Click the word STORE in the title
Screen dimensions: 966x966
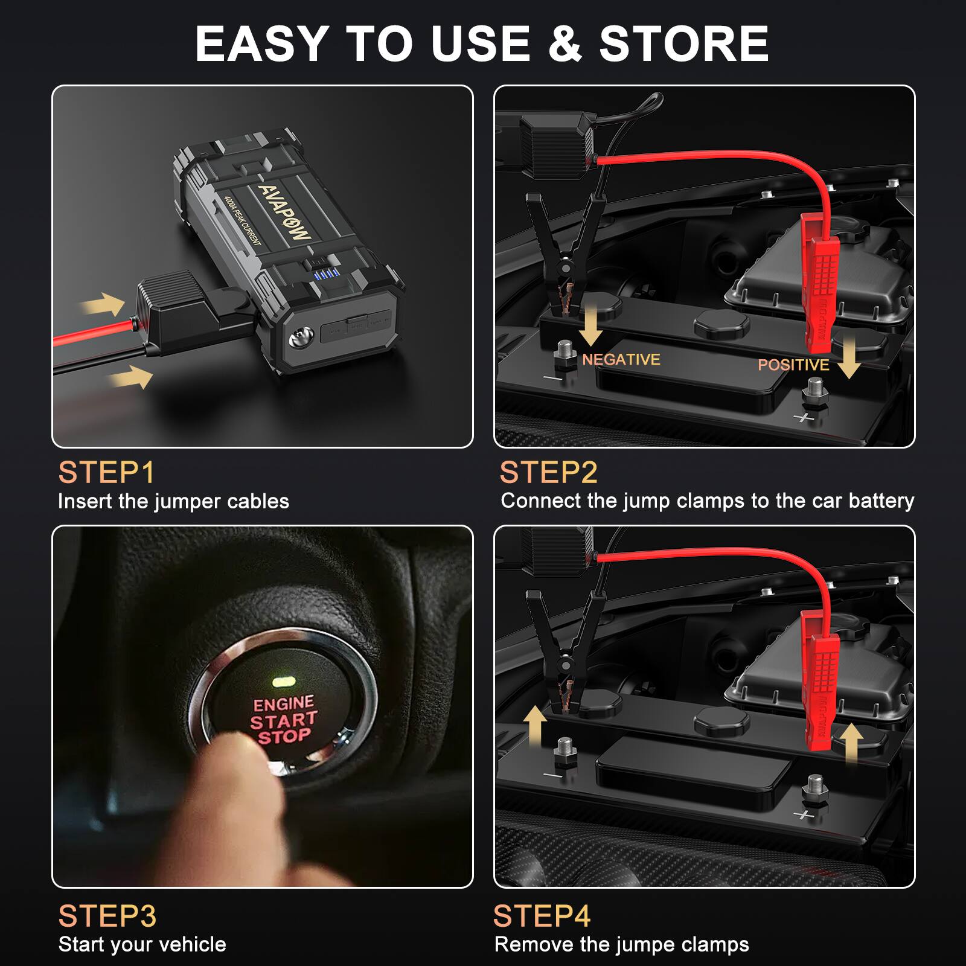pyautogui.click(x=683, y=43)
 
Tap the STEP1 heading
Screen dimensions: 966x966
pyautogui.click(x=106, y=472)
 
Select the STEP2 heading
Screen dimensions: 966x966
pyautogui.click(x=548, y=472)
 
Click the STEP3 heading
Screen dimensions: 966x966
pyautogui.click(x=107, y=915)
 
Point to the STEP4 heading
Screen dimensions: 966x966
pyautogui.click(x=542, y=915)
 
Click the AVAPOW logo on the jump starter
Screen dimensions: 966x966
pyautogui.click(x=284, y=211)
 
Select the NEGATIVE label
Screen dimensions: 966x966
pyautogui.click(x=621, y=360)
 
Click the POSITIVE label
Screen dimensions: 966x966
pyautogui.click(x=793, y=365)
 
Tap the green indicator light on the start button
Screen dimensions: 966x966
pyautogui.click(x=283, y=682)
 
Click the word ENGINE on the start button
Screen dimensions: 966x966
pyautogui.click(x=283, y=704)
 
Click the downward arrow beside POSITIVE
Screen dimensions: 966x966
pyautogui.click(x=849, y=357)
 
